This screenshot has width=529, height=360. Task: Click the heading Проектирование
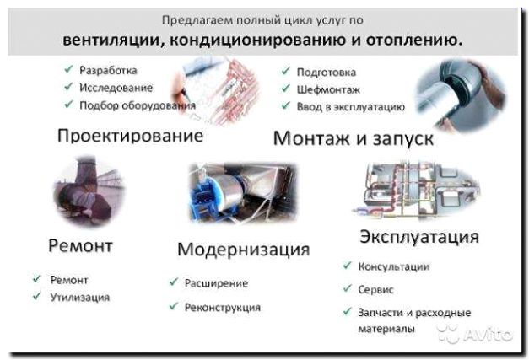130,136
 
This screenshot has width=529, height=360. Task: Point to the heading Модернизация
243,250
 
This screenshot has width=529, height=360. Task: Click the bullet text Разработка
108,70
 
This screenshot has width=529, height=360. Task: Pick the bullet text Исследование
116,88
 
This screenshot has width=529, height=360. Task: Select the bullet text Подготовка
327,73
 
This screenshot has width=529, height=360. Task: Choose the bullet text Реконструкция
223,308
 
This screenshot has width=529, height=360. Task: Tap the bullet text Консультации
393,267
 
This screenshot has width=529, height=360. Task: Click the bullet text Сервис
376,288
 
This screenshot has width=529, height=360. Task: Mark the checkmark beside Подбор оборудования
67,105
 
